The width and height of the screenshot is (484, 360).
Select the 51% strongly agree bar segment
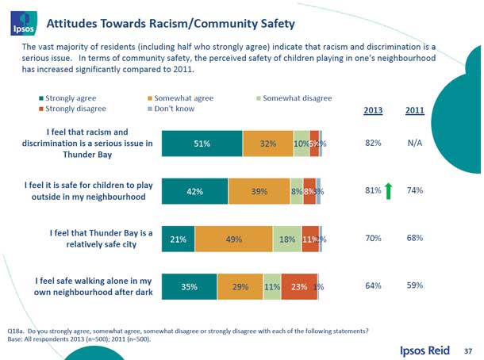coord(202,144)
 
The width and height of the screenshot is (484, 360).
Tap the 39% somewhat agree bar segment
coord(259,191)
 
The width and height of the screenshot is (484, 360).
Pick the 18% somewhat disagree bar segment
coord(288,239)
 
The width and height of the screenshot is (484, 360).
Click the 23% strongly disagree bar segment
coord(298,286)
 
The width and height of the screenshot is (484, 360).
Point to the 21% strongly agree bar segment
coord(178,239)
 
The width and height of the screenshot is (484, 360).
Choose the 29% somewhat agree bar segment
coord(240,286)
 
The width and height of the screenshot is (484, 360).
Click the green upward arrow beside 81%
coord(390,190)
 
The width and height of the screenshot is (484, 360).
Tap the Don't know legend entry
coord(171,109)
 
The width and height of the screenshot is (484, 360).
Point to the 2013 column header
coord(373,110)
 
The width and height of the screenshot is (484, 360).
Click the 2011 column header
coord(414,110)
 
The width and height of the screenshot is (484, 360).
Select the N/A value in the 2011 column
coord(414,143)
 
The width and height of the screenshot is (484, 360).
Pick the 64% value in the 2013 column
coord(374,285)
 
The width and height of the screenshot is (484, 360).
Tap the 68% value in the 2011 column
coord(414,238)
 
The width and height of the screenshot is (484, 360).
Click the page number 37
coord(468,349)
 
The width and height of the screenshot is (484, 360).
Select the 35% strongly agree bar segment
coord(189,286)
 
